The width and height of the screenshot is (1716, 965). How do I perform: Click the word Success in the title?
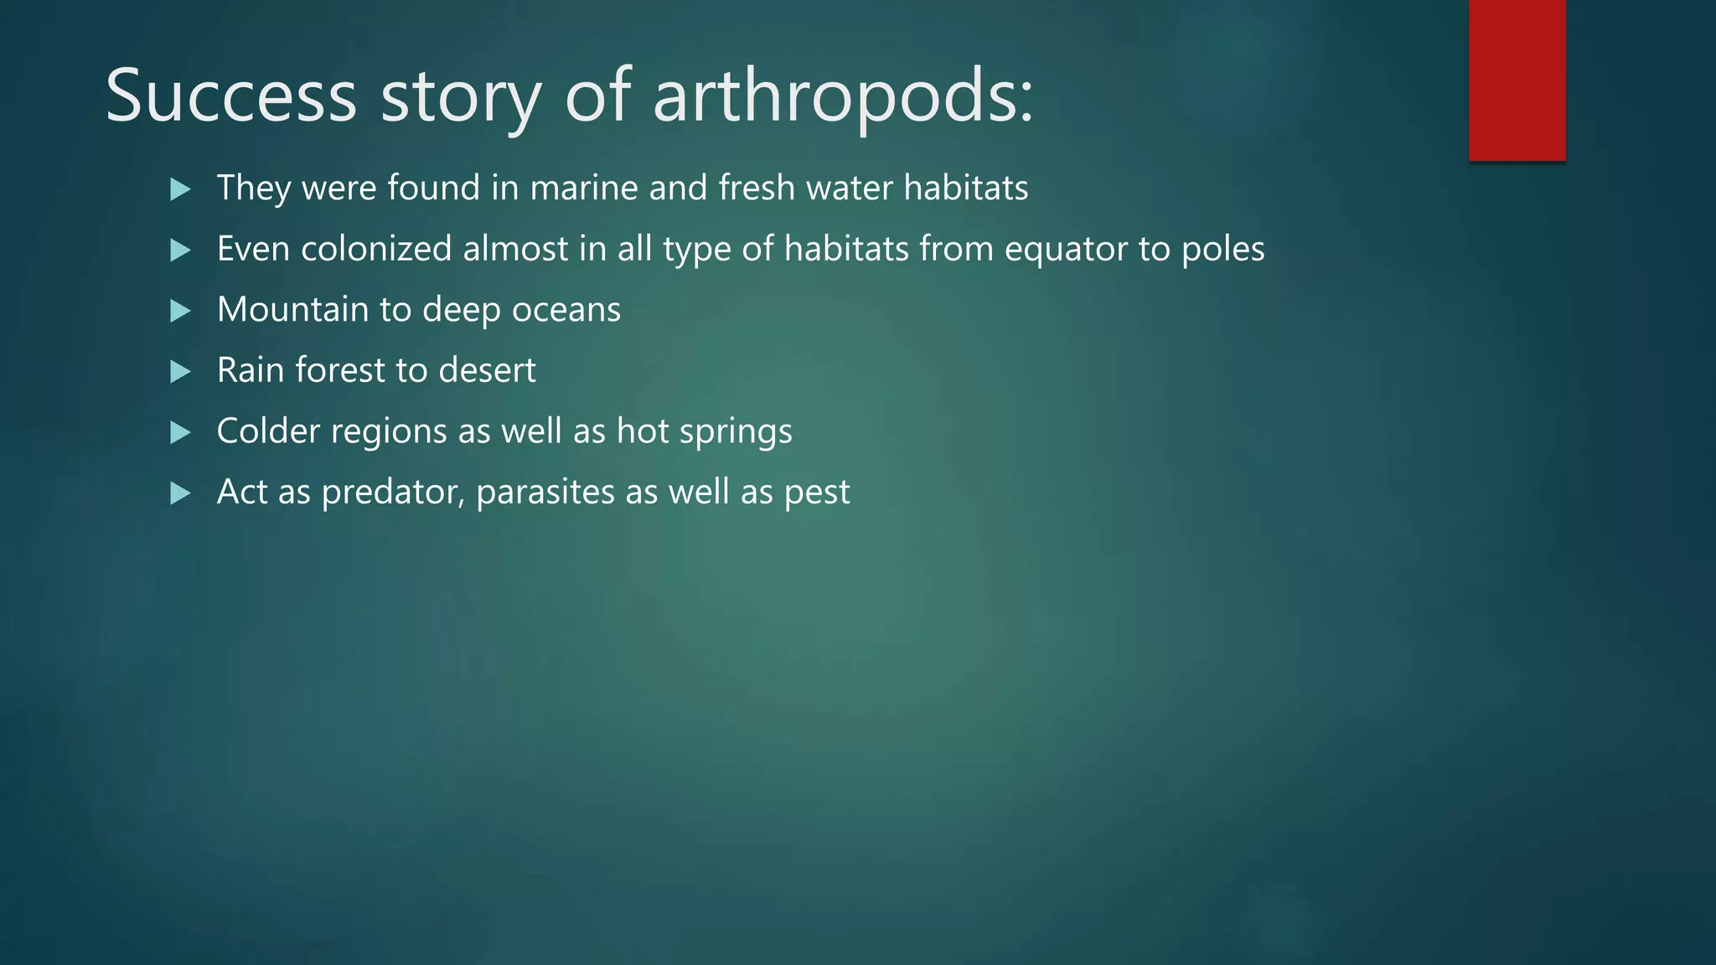pos(231,96)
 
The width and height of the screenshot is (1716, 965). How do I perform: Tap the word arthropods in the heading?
pos(842,96)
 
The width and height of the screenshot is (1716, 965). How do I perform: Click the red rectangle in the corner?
pos(1517,80)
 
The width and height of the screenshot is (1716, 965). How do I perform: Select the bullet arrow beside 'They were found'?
pos(180,189)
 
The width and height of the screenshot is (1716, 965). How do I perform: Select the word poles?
pos(1222,250)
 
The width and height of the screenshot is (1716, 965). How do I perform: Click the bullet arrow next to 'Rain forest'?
pos(180,371)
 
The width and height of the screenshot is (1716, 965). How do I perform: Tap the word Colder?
pos(268,431)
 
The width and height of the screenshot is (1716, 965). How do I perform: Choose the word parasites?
pos(545,493)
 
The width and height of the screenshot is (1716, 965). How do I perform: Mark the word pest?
pos(817,493)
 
